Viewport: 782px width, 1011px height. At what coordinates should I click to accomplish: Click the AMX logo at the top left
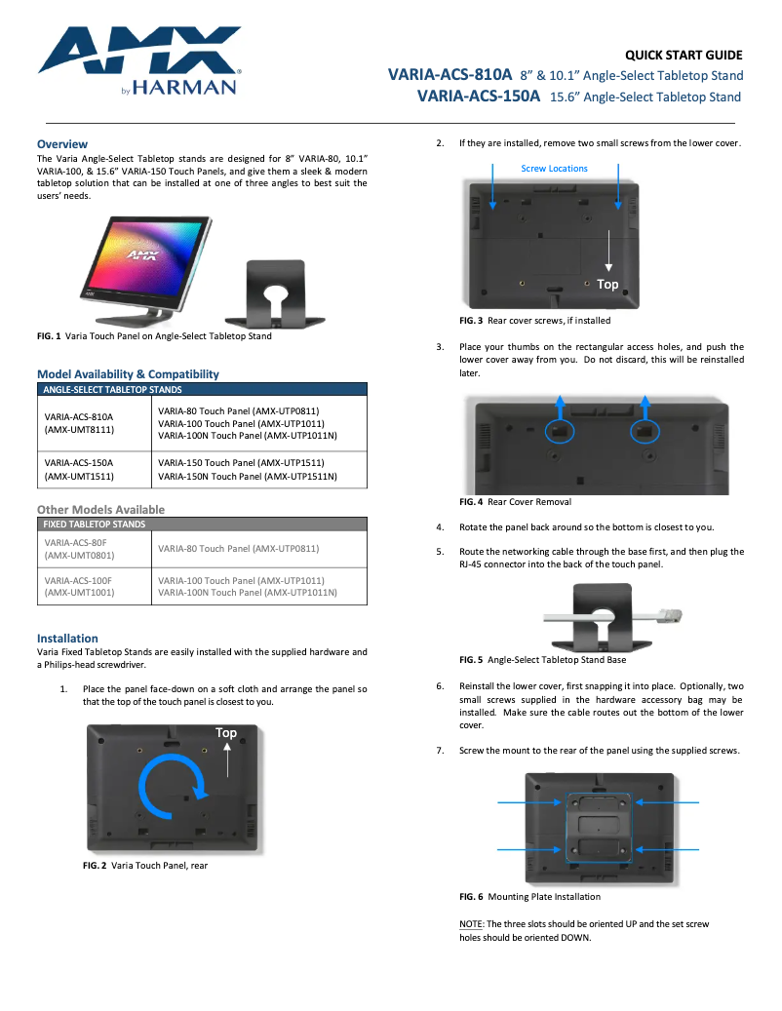(x=138, y=59)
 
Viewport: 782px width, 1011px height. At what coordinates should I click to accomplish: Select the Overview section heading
(x=62, y=143)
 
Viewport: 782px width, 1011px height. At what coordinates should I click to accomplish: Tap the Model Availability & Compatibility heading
(x=128, y=373)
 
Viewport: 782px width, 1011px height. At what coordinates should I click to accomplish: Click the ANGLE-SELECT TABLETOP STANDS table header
(x=112, y=389)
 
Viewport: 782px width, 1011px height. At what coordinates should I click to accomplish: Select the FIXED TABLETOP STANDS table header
(x=95, y=524)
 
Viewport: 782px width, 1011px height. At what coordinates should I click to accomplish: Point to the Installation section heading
(x=67, y=639)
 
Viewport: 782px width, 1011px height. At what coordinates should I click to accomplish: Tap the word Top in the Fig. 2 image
(x=226, y=732)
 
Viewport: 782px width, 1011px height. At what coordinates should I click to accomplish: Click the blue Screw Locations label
(x=554, y=169)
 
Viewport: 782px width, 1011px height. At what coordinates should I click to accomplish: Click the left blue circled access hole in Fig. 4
(x=560, y=430)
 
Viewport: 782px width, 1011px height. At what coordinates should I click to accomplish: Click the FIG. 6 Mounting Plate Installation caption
(x=529, y=896)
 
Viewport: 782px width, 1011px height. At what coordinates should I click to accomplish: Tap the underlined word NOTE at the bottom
(x=471, y=923)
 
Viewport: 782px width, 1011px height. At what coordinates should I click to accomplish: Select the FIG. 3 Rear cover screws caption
(x=535, y=320)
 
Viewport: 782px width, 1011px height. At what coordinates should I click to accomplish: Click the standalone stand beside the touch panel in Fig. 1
(x=276, y=292)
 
